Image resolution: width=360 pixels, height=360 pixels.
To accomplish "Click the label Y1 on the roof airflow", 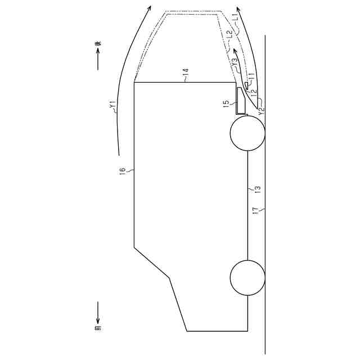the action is click(112, 105).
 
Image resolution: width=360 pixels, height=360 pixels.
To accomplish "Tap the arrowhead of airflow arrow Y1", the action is click(149, 7).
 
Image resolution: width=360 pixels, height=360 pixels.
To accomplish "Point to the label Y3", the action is click(235, 62).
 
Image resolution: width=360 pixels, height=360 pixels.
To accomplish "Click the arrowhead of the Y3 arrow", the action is click(235, 50).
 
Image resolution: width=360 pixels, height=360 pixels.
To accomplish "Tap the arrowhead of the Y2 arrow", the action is click(238, 10).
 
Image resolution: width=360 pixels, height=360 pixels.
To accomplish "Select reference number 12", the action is click(254, 91).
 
